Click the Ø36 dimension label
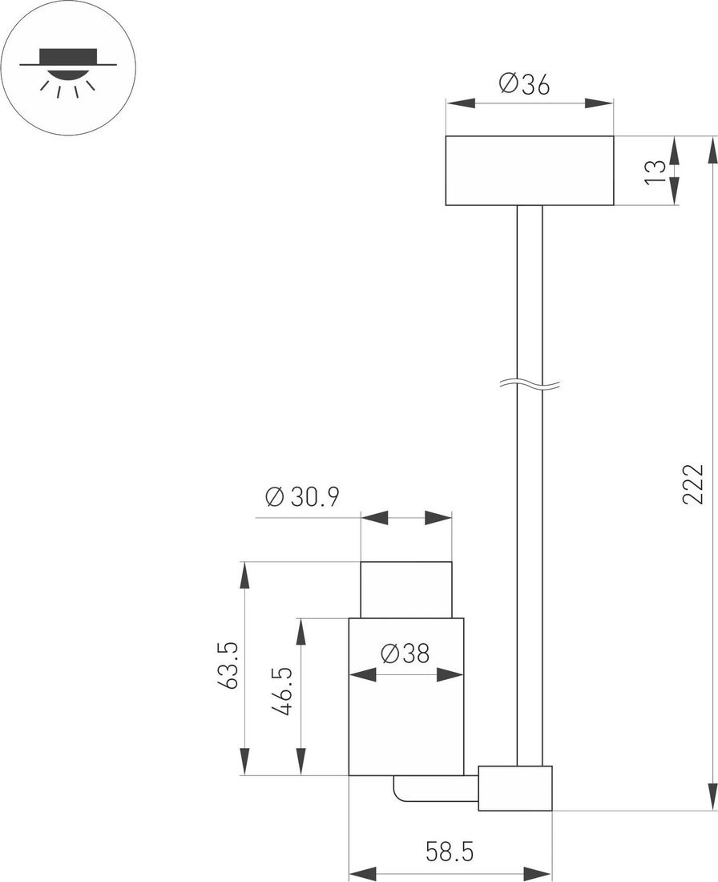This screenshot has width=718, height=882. tap(524, 84)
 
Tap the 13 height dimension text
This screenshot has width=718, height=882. tap(655, 172)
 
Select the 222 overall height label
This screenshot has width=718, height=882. tap(692, 484)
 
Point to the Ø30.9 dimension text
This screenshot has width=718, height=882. tap(302, 496)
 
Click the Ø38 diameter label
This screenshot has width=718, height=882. tap(405, 653)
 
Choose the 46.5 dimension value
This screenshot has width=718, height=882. tap(284, 691)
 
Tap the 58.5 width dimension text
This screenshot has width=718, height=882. tap(450, 851)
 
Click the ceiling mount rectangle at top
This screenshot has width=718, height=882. tap(529, 171)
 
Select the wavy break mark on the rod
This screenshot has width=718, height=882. tap(530, 385)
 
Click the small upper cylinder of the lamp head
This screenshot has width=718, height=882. tap(406, 589)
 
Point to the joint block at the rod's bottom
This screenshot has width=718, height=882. tap(515, 788)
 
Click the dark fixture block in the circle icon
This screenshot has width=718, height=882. tap(69, 57)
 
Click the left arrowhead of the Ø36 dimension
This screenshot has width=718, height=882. tap(461, 103)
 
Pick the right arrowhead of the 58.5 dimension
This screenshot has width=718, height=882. tap(538, 873)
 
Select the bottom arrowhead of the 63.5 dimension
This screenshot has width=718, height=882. tap(244, 762)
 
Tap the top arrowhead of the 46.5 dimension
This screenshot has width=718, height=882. tap(301, 633)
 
